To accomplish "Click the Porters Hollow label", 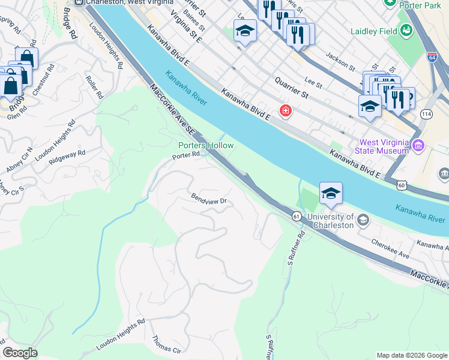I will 206,146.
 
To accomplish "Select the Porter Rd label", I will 185,156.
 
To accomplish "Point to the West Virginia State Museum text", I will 384,146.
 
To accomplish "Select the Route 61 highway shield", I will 297,215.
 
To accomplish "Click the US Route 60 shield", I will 400,187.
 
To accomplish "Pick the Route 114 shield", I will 426,114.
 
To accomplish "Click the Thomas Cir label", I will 167,344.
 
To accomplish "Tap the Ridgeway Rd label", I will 67,158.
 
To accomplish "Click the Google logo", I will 20,353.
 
